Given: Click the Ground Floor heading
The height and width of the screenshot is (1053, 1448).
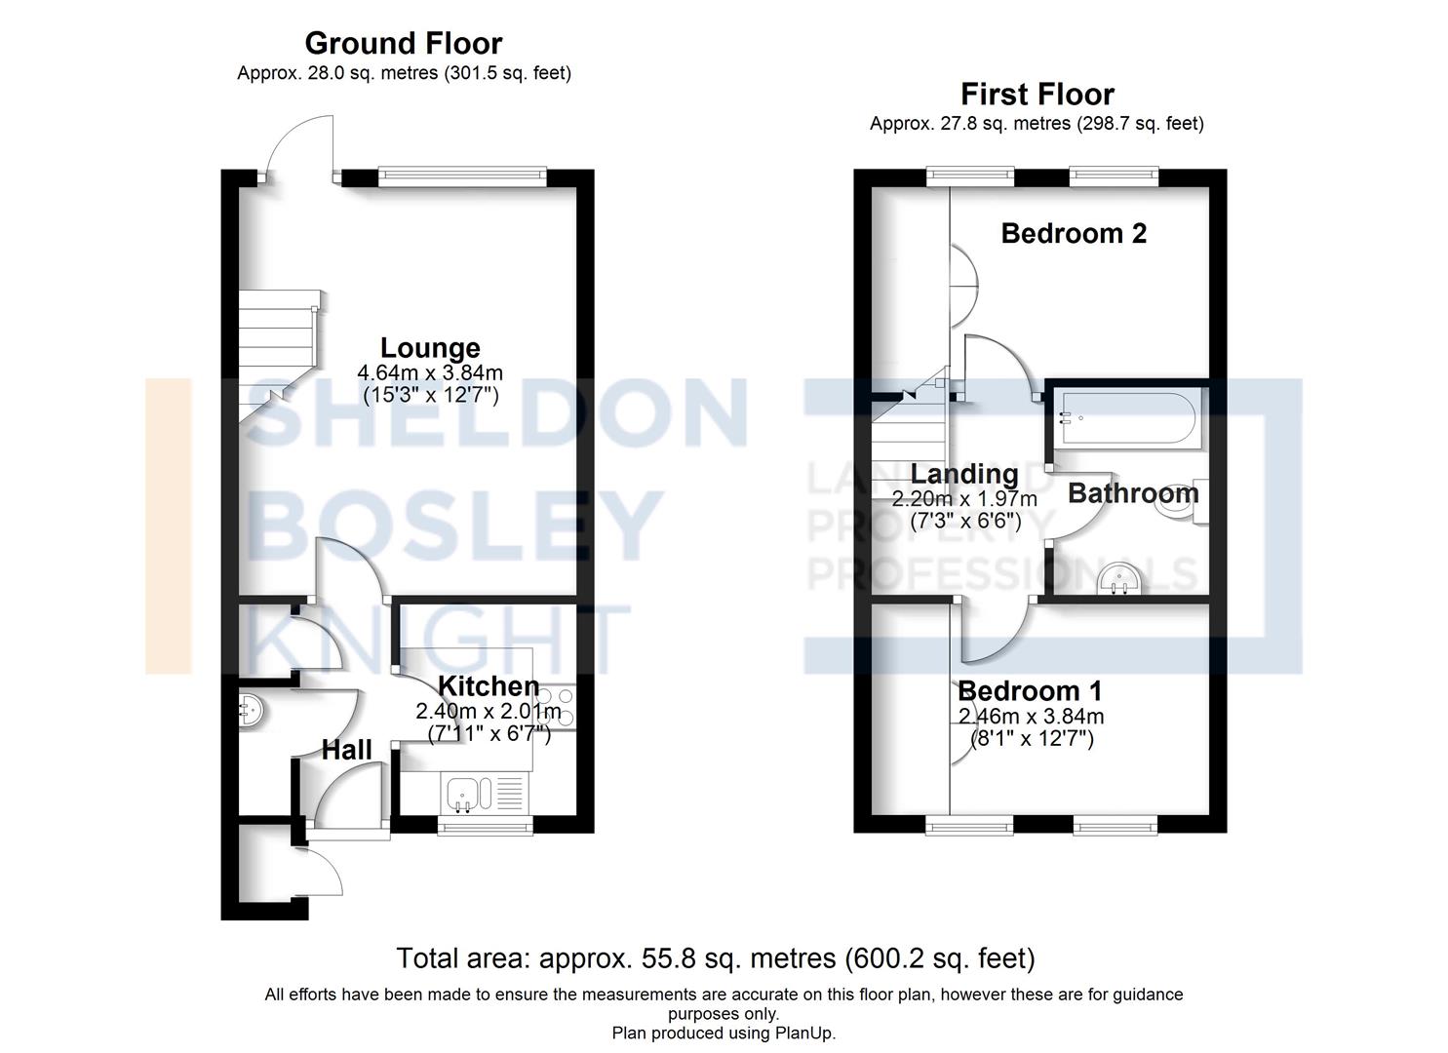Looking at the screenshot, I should pyautogui.click(x=403, y=43).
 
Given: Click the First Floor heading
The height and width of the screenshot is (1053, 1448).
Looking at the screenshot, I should pyautogui.click(x=1037, y=94).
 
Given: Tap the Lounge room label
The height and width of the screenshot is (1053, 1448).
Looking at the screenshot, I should pyautogui.click(x=430, y=348).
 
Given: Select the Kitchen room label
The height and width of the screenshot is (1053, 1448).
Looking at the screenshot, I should pyautogui.click(x=488, y=686).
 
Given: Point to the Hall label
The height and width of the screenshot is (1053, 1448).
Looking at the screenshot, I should pyautogui.click(x=346, y=750).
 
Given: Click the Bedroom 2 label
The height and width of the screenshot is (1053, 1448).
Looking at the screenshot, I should pyautogui.click(x=1074, y=233).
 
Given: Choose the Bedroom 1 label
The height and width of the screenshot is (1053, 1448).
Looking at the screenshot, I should pyautogui.click(x=1030, y=691).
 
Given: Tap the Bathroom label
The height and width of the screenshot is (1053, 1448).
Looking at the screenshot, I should pyautogui.click(x=1132, y=492).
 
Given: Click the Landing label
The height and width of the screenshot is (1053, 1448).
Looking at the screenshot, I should pyautogui.click(x=963, y=474).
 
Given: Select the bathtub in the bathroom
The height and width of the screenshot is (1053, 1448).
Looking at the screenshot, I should pyautogui.click(x=1125, y=419).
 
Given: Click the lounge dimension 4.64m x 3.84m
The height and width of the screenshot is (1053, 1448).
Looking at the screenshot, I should pyautogui.click(x=430, y=373).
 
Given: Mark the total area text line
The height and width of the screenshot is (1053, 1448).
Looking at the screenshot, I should pyautogui.click(x=715, y=958).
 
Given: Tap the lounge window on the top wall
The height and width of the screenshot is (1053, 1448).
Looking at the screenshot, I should pyautogui.click(x=461, y=175).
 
